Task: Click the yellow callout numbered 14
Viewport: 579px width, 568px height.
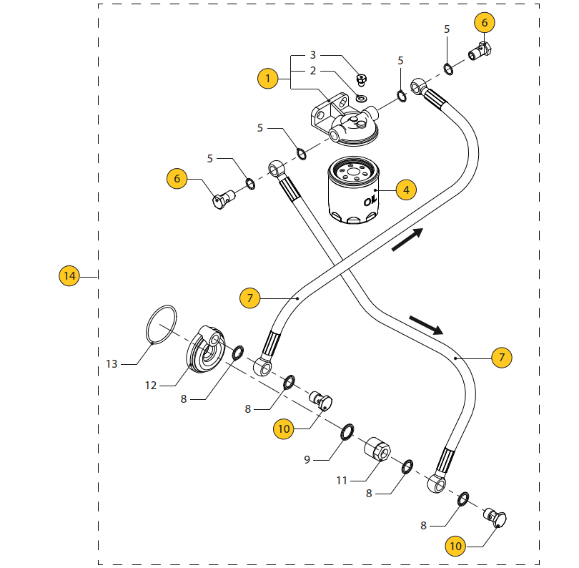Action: (x=69, y=275)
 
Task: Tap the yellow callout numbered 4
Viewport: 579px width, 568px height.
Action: (x=406, y=190)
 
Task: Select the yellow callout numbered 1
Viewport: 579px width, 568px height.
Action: (x=267, y=77)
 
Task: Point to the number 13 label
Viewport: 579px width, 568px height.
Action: (x=112, y=364)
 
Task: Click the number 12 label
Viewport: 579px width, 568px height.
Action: (x=150, y=386)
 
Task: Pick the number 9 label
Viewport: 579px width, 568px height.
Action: (x=307, y=459)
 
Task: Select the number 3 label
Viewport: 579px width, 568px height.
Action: (x=312, y=55)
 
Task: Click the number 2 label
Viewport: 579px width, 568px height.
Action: (x=312, y=71)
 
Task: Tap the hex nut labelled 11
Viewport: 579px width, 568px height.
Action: (x=379, y=451)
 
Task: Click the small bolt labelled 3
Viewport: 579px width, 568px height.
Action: (x=362, y=79)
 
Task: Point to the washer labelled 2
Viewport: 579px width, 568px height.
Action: (x=361, y=97)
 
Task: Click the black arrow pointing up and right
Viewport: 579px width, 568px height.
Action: (x=408, y=240)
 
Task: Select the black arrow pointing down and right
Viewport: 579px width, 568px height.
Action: (x=427, y=325)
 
